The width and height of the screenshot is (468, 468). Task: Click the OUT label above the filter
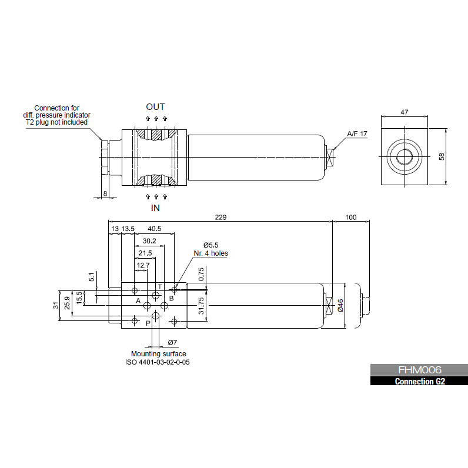pyautogui.click(x=155, y=107)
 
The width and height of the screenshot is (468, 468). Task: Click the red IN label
pyautogui.click(x=155, y=208)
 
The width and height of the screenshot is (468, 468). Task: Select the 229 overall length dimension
pyautogui.click(x=220, y=217)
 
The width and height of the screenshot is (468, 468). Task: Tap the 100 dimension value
pyautogui.click(x=350, y=217)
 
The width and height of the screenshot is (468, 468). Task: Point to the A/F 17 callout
pyautogui.click(x=357, y=134)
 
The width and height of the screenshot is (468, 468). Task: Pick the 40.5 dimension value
pyautogui.click(x=155, y=228)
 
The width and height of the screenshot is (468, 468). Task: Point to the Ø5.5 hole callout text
pyautogui.click(x=210, y=245)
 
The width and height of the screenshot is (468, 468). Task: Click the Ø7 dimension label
pyautogui.click(x=172, y=342)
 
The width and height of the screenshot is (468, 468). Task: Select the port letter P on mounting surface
pyautogui.click(x=148, y=323)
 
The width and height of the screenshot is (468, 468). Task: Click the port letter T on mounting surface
pyautogui.click(x=159, y=286)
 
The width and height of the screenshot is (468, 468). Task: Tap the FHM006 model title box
pyautogui.click(x=419, y=370)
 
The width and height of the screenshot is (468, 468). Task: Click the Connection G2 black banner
pyautogui.click(x=419, y=381)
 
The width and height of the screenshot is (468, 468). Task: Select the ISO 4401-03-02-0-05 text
pyautogui.click(x=158, y=362)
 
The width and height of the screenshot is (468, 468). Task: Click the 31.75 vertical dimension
pyautogui.click(x=201, y=305)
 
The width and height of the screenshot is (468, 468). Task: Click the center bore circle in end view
pyautogui.click(x=405, y=156)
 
